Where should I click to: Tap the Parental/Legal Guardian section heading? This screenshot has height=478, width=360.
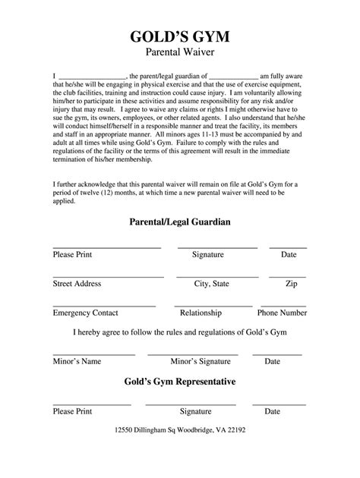click(x=180, y=222)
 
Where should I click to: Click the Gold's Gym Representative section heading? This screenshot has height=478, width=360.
click(x=180, y=381)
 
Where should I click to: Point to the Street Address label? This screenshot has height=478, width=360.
click(x=77, y=284)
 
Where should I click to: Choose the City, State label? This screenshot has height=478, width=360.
click(x=212, y=284)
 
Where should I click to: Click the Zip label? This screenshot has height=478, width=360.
click(x=291, y=284)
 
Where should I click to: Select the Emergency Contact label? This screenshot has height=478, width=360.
click(x=85, y=313)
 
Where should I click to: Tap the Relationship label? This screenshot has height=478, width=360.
click(x=201, y=313)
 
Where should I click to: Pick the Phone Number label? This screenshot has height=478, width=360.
click(x=283, y=313)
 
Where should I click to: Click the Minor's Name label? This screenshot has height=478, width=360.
click(x=77, y=362)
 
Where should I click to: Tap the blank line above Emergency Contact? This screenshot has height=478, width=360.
click(x=103, y=305)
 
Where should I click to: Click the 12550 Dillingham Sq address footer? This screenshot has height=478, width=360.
click(x=180, y=450)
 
